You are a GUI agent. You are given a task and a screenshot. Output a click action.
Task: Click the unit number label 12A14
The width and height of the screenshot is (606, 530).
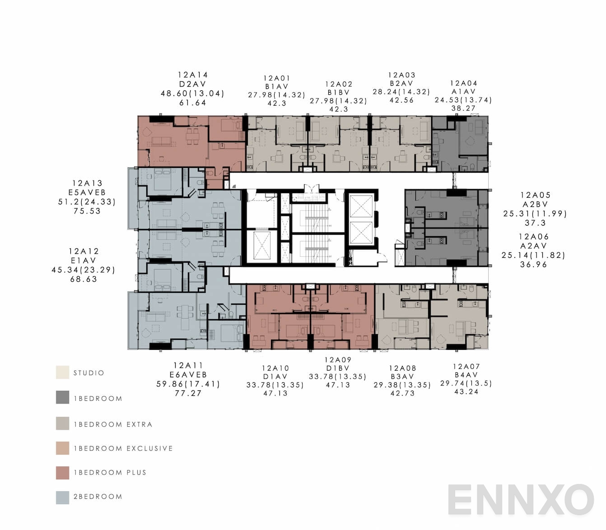tap(193, 75)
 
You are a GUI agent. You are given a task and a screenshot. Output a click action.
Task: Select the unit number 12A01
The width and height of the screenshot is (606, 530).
tap(277, 78)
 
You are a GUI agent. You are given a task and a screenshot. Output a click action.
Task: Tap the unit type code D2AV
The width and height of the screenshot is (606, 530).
tap(193, 84)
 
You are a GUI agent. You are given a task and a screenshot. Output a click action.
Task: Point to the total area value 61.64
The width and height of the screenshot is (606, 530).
tap(193, 102)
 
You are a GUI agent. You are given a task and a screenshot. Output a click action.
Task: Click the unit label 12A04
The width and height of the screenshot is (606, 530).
tap(464, 83)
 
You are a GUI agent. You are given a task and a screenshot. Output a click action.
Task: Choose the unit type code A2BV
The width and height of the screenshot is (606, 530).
tap(535, 205)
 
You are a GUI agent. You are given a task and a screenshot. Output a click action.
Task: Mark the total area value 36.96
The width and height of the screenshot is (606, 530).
tap(533, 265)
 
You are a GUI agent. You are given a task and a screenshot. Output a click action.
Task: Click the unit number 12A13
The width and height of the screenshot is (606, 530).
tap(87, 183)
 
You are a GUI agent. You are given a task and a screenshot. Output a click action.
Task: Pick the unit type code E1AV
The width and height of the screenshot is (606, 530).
tap(84, 260)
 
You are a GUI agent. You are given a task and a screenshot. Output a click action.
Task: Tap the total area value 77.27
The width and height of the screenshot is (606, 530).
tap(188, 393)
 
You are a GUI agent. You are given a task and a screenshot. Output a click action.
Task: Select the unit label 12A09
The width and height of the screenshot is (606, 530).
tap(338, 360)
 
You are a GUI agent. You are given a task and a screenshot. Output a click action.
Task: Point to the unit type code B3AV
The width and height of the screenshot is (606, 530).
tap(402, 377)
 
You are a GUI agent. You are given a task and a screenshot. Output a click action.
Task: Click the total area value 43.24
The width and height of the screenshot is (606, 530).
tap(466, 391)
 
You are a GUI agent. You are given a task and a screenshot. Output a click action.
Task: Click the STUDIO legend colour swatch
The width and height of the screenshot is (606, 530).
tap(63, 372)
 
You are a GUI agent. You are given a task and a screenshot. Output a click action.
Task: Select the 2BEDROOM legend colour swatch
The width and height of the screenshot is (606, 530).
tap(63, 497)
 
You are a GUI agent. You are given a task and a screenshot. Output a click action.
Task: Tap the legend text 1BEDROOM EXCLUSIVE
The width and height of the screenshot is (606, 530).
tap(123, 448)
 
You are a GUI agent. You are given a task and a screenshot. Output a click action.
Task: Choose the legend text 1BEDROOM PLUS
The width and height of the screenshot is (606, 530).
tap(110, 473)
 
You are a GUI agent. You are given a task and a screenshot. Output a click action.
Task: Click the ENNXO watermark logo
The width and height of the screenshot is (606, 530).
tap(521, 500)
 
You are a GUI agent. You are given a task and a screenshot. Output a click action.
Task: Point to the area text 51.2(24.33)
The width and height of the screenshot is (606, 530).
tap(87, 202)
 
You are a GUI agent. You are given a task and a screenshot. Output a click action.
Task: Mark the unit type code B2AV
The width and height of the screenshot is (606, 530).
tap(401, 84)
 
